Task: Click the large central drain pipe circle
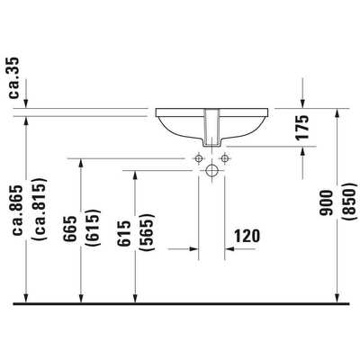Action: [x=211, y=170]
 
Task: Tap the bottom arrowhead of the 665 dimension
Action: [x=82, y=301]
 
